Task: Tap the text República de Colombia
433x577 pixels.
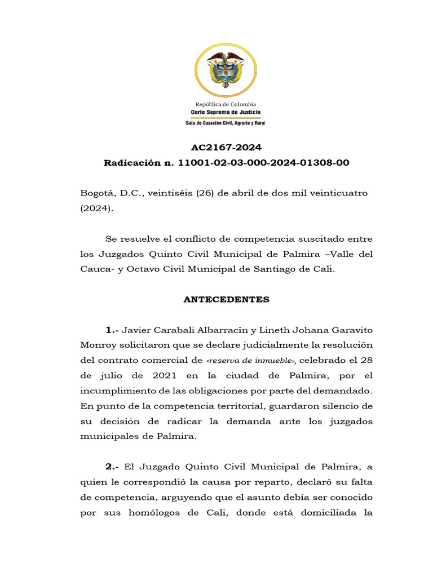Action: (226, 104)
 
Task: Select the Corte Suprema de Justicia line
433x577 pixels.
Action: (226, 112)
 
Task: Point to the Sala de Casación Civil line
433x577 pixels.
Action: (226, 123)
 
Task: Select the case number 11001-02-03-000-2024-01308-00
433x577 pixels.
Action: (264, 163)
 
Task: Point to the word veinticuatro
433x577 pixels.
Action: (337, 193)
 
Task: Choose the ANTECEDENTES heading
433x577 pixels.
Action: (226, 300)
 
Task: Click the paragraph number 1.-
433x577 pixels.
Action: (112, 330)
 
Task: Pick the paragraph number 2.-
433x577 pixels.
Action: (112, 467)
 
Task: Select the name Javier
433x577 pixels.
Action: (138, 330)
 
